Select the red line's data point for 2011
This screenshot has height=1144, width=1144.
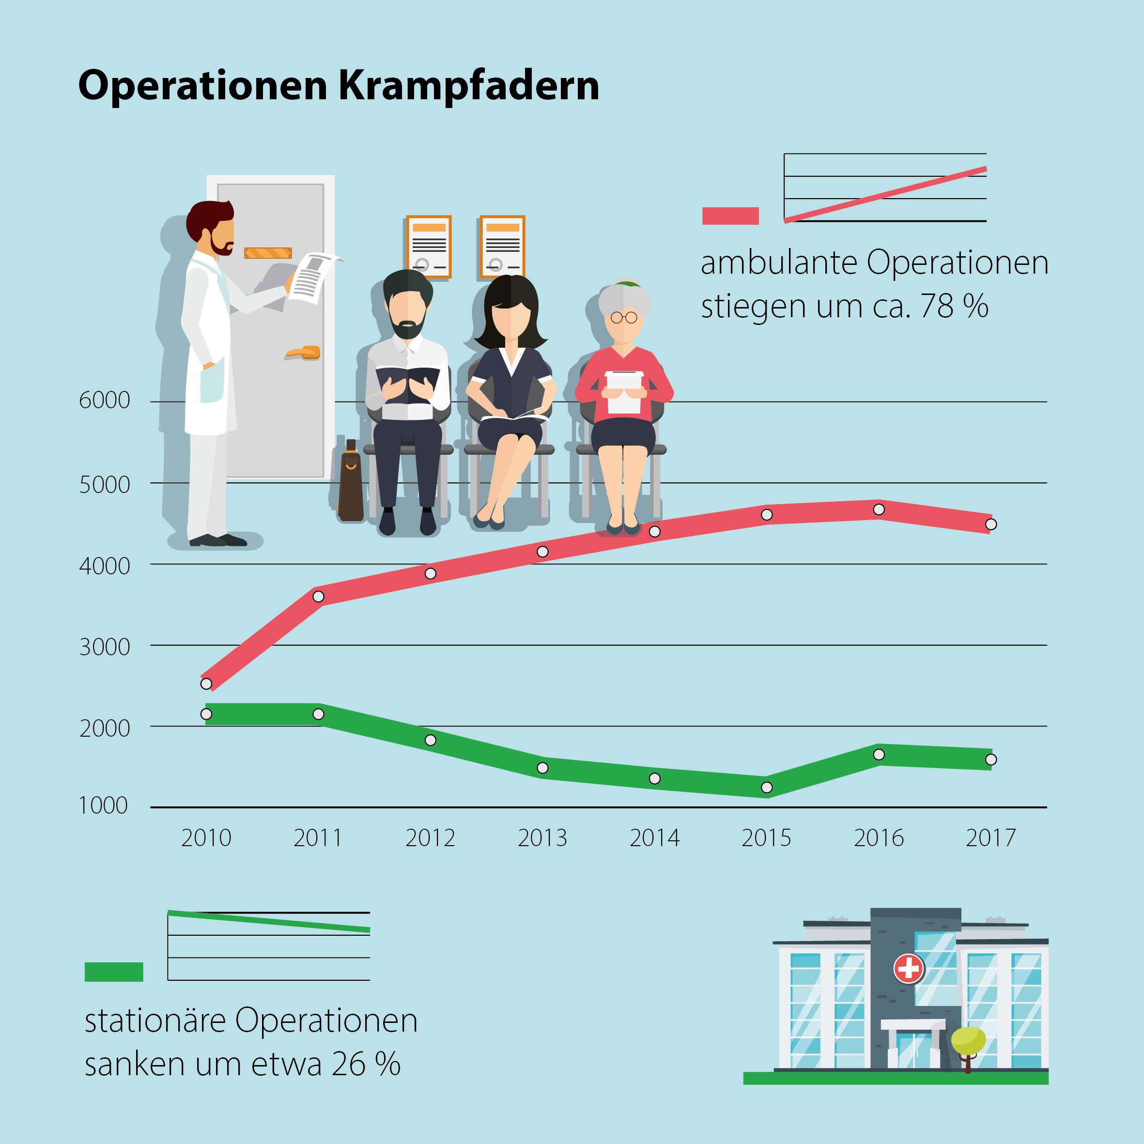click(x=319, y=596)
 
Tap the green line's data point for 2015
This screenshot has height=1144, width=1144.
click(x=767, y=788)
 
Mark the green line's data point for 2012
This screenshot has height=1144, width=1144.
click(x=431, y=740)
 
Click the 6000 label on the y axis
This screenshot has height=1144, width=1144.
click(x=104, y=400)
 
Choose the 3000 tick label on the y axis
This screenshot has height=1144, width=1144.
click(x=104, y=647)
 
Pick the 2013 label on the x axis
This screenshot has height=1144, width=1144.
click(x=542, y=838)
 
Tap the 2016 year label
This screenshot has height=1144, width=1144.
click(x=879, y=838)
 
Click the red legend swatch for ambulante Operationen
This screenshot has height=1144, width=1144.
click(x=730, y=216)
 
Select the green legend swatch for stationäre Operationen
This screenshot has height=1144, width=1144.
click(x=114, y=972)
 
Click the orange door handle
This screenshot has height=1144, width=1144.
click(x=303, y=353)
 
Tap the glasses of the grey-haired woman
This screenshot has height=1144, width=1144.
click(x=623, y=317)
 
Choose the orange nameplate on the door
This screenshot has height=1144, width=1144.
click(x=268, y=253)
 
